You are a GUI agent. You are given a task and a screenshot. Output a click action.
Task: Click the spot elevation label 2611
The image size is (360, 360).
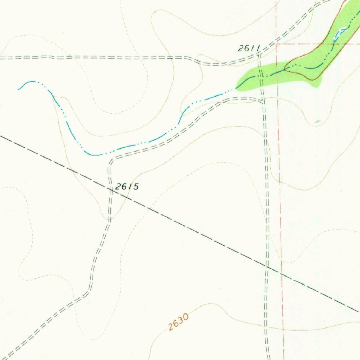tap(249, 49)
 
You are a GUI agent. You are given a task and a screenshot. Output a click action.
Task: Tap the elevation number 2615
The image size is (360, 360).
tap(127, 187)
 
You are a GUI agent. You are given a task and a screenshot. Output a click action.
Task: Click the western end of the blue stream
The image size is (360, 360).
tap(18, 89)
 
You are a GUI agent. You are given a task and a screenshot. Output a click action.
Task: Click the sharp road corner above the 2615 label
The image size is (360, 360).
tap(110, 161)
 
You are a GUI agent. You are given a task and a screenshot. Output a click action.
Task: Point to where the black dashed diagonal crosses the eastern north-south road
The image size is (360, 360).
tap(267, 266)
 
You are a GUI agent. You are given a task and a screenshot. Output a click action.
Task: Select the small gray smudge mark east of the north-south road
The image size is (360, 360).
tap(318, 121)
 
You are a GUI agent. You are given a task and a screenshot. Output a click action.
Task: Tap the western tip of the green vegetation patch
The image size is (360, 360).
tap(236, 89)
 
